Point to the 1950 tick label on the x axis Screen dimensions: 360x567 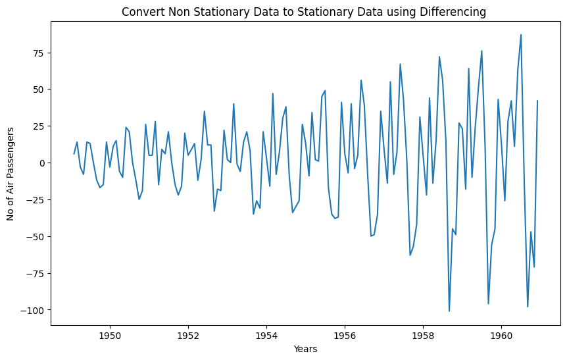tap(109, 336)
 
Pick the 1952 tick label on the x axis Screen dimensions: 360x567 tap(188, 336)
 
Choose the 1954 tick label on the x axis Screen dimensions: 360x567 tap(266, 336)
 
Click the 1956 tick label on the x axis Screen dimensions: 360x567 tap(345, 336)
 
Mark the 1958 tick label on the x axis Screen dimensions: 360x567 tap(423, 336)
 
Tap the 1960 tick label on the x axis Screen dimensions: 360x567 tap(501, 336)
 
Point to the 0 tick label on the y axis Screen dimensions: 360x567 tap(41, 163)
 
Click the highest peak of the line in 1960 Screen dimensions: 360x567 tap(521, 35)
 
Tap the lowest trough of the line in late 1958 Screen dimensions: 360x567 tap(449, 311)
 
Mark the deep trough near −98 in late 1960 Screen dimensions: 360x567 tap(528, 307)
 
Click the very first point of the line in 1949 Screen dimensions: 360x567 tap(74, 154)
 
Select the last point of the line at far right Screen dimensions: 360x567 tap(537, 101)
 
